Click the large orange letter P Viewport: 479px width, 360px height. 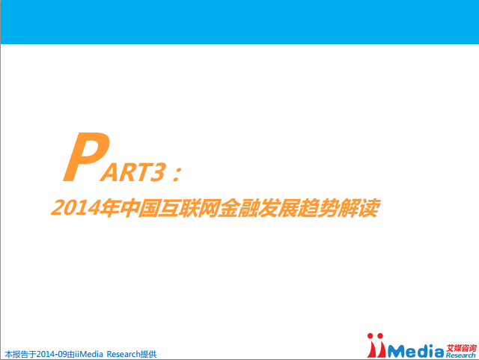coord(86,156)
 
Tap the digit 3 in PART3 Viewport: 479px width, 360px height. coord(157,171)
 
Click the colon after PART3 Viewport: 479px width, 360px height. coord(177,174)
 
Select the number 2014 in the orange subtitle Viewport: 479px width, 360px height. coord(76,208)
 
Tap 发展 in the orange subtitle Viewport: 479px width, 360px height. coord(277,208)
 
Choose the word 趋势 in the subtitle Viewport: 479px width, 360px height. coord(317,208)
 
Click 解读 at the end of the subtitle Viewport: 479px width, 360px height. coord(358,208)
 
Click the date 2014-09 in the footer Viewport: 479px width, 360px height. coord(52,354)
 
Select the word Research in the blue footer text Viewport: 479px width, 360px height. coord(123,354)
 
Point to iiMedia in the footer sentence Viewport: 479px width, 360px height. coord(89,354)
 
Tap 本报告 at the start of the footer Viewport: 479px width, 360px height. coord(16,354)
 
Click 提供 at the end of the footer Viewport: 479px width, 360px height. coord(148,354)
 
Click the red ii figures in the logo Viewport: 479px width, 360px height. coord(376,345)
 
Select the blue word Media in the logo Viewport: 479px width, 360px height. coord(415,351)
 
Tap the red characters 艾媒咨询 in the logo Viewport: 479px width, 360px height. coord(461,348)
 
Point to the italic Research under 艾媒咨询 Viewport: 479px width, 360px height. coord(461,356)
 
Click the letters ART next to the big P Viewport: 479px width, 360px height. coord(124,172)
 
